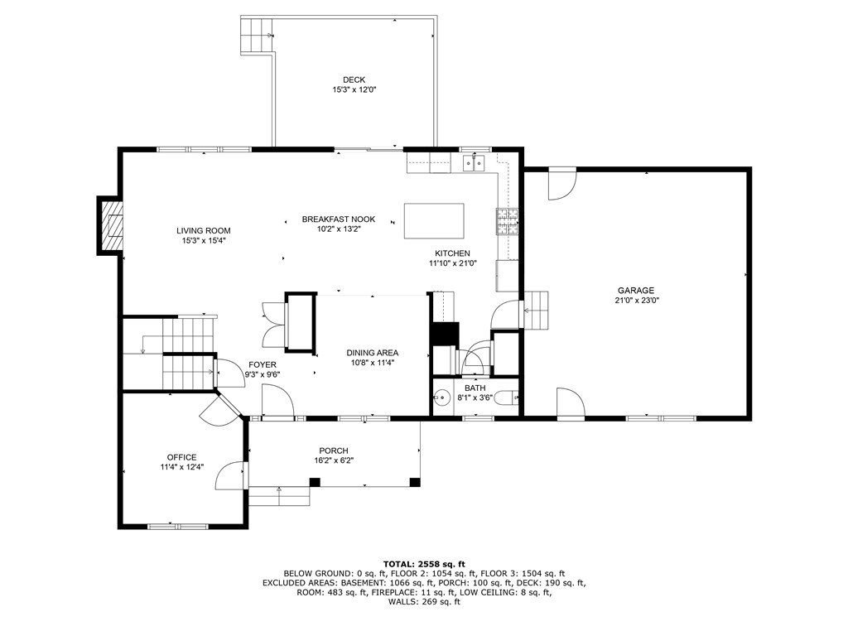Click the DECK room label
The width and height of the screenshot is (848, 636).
point(354,79)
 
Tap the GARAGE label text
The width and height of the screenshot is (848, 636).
point(635,290)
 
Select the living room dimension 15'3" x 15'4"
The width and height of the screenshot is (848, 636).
point(203,241)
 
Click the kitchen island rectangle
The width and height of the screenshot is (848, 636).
point(434,221)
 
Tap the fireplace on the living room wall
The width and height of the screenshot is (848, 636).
point(111,224)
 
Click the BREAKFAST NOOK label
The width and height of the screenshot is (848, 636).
point(338,219)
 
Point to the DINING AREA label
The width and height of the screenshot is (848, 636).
point(372,352)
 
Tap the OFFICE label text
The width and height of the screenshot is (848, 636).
point(181,457)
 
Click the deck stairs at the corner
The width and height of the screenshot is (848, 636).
point(257,36)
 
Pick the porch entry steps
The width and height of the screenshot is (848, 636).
point(280,495)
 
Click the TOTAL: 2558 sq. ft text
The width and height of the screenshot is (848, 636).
point(423,564)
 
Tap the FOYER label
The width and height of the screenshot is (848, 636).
point(263,364)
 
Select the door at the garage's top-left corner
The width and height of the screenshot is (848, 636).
point(561,184)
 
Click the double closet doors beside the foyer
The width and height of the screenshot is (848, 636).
point(271,325)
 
